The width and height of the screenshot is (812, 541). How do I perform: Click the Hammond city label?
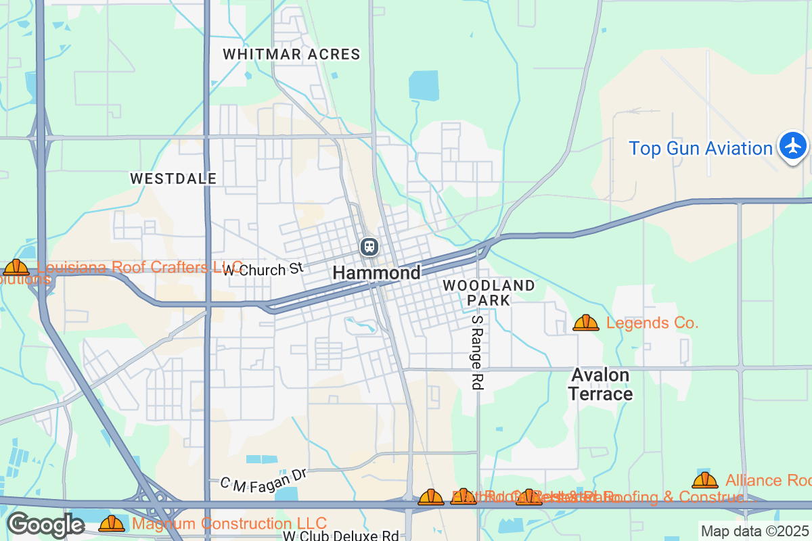coord(376,273)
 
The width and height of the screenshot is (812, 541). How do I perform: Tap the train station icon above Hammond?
coord(369,247)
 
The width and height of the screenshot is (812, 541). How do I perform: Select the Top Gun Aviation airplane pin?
coord(792,145)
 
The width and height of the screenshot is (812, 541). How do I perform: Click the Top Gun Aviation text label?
coord(700,148)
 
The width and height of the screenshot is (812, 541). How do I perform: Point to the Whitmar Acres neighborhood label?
coord(292,54)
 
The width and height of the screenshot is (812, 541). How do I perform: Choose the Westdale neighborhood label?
coord(173,179)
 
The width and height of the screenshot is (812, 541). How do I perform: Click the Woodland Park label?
coord(489,292)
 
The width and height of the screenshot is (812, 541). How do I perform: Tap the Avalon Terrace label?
coord(600,384)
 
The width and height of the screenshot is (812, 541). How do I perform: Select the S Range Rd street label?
coord(477,352)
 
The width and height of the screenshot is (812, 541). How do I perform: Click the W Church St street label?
coord(263,269)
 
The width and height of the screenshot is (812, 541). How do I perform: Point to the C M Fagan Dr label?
coord(263,479)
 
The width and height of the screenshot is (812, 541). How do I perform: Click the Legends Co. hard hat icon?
coord(585,323)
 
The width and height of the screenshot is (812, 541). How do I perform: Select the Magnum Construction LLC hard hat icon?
coord(112,523)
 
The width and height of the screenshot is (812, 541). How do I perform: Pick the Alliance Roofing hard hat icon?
coord(704,480)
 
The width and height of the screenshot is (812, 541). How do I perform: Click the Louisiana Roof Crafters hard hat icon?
coord(16,267)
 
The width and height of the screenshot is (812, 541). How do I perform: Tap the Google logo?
coord(45,525)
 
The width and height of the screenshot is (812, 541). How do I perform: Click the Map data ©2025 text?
coord(754,531)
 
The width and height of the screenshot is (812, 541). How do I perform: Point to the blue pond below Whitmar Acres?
coord(424,86)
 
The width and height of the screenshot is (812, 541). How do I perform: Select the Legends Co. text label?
coord(652,323)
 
